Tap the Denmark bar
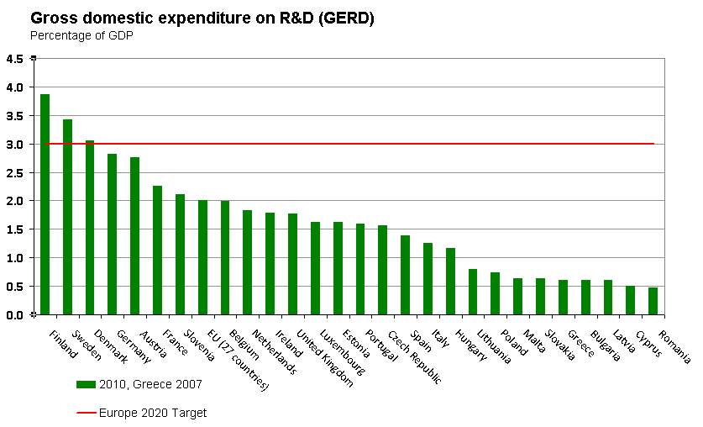click(x=90, y=227)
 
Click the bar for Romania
click(x=653, y=301)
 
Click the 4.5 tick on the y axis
click(x=15, y=59)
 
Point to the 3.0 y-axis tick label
click(x=15, y=145)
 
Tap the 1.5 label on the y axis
click(x=15, y=229)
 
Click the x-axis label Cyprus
click(x=649, y=344)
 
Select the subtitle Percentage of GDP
click(x=81, y=35)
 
